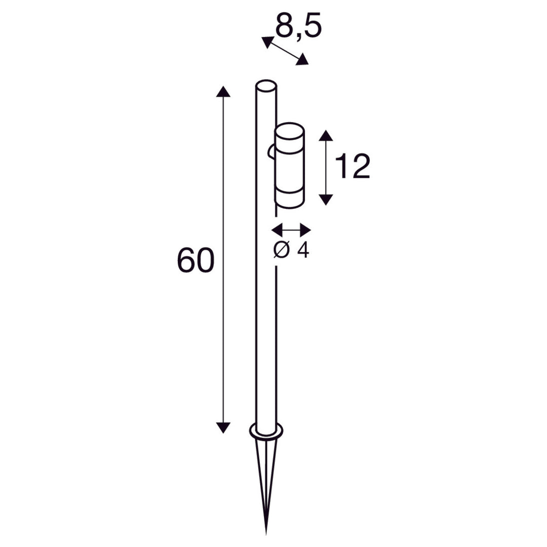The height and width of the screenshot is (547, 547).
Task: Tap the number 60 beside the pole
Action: click(196, 261)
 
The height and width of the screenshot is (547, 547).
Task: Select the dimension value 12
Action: click(353, 167)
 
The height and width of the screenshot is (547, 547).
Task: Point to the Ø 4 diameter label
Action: click(291, 250)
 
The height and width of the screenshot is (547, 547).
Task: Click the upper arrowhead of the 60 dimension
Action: click(223, 91)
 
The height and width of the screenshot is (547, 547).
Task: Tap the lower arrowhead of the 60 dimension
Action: click(223, 427)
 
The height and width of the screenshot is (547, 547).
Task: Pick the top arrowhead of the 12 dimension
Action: click(326, 135)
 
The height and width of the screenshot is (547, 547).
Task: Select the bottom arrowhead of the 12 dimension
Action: click(326, 200)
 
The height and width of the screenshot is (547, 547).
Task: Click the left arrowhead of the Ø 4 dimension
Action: click(278, 230)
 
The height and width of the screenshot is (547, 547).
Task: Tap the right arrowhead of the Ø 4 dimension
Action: click(305, 230)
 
